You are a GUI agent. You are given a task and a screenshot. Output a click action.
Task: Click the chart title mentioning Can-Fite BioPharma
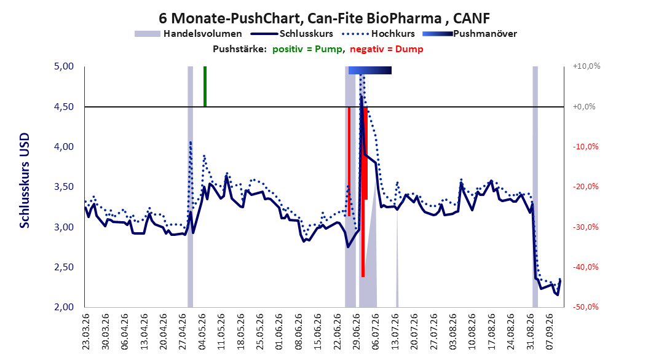point(325,18)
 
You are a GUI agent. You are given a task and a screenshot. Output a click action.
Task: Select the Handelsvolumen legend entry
point(189,34)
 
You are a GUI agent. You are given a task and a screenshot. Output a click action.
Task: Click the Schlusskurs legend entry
point(292,34)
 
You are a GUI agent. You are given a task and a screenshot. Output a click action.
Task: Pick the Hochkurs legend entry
point(379,34)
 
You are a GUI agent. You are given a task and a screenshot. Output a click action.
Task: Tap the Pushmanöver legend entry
point(470,34)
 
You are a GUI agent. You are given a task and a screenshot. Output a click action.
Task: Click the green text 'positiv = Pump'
point(307,49)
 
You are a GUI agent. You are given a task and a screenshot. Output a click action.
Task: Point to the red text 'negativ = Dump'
point(387,49)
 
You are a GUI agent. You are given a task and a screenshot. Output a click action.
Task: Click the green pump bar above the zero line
point(205,86)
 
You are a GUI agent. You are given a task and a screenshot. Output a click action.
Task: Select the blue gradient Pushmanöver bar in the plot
point(370,70)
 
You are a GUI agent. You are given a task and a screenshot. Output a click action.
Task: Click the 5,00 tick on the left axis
point(64,66)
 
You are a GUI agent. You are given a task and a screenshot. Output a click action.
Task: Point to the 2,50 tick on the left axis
point(64,267)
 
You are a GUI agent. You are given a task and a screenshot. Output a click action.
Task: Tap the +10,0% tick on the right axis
point(587,66)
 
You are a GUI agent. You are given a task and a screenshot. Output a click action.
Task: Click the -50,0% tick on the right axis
point(585,307)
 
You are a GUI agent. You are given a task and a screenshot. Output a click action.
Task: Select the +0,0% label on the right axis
point(584,106)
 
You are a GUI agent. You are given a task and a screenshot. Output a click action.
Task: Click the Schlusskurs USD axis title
point(25,181)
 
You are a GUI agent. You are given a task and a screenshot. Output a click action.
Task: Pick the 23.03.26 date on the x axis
point(86,332)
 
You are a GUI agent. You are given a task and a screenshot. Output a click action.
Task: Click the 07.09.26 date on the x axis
point(550,332)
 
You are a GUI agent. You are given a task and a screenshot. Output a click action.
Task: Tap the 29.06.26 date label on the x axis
point(356,332)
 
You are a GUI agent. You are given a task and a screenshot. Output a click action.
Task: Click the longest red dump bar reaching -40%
point(363,192)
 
